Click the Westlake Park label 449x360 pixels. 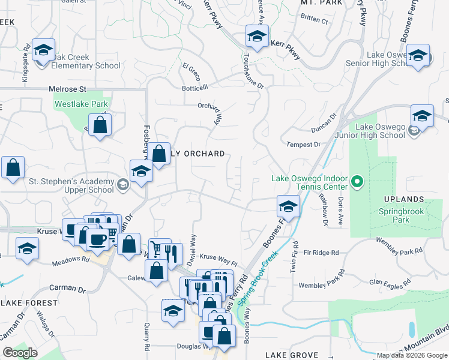click(x=81, y=104)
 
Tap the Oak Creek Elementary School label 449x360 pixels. click(x=86, y=61)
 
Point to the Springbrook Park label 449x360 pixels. click(x=402, y=215)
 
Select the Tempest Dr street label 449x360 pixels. click(x=304, y=145)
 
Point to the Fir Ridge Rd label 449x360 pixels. click(x=322, y=253)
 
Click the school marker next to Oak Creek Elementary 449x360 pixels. click(x=43, y=50)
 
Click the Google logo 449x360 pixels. click(x=20, y=353)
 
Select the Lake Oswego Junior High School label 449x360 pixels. click(x=381, y=131)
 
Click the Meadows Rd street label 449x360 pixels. click(x=70, y=260)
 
